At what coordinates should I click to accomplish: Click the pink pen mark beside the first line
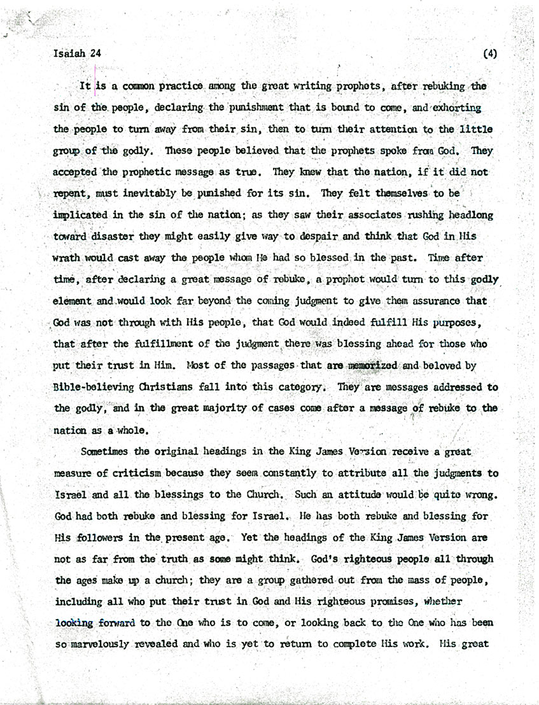[x=95, y=76]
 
